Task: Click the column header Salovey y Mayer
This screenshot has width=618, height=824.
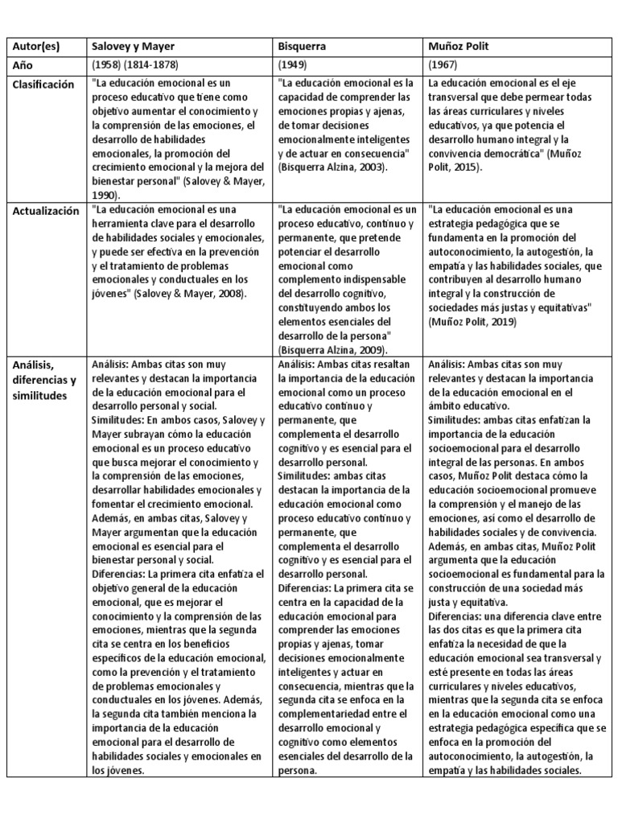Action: point(132,47)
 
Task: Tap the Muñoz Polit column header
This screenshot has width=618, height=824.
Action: point(459,47)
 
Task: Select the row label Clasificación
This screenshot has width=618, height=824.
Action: point(43,84)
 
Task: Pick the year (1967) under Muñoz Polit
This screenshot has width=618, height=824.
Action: point(444,65)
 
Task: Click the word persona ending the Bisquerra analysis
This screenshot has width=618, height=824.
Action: point(297,769)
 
